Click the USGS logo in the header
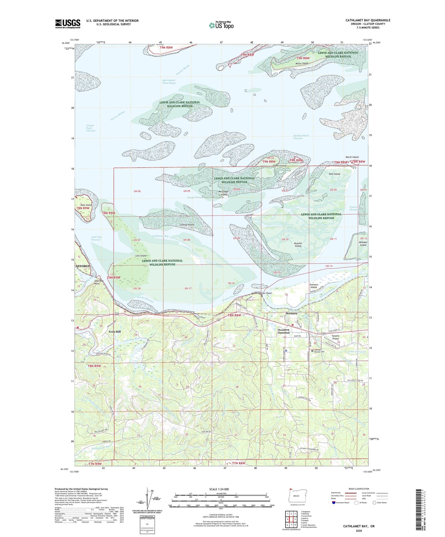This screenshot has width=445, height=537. [x=68, y=24]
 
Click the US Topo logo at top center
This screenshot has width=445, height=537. [x=221, y=25]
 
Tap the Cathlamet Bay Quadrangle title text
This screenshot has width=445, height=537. [x=368, y=20]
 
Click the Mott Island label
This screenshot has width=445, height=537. [x=86, y=205]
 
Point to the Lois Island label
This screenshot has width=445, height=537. [x=141, y=256]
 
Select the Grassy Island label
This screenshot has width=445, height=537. [x=187, y=225]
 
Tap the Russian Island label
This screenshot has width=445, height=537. [x=298, y=245]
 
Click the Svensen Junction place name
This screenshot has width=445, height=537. [x=284, y=331]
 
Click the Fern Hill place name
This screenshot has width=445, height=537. [x=115, y=332]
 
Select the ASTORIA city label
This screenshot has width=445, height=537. [x=82, y=266]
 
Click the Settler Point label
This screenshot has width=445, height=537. [x=265, y=293]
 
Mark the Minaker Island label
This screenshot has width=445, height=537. [x=363, y=244]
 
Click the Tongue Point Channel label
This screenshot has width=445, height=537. [x=91, y=128]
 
